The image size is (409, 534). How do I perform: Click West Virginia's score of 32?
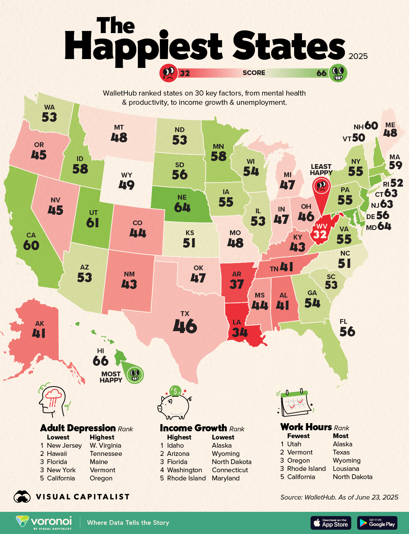[320, 234]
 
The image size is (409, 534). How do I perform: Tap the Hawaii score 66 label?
[101, 361]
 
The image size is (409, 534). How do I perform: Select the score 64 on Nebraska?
[182, 207]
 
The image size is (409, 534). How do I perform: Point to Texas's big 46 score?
[185, 326]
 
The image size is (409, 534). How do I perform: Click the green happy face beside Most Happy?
[135, 375]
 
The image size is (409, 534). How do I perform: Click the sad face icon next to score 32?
[168, 73]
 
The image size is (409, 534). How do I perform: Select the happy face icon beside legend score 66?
[338, 73]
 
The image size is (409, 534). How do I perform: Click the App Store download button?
[331, 523]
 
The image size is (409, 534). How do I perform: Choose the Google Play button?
[377, 523]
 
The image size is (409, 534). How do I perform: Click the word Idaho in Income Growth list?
[175, 445]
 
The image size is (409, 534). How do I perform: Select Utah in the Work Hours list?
[294, 444]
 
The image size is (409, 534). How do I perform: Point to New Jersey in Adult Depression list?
[64, 445]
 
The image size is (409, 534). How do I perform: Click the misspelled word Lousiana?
[346, 468]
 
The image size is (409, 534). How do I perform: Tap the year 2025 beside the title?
[358, 56]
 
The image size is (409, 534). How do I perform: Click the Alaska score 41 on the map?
[39, 333]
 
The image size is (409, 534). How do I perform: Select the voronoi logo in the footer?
[44, 522]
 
